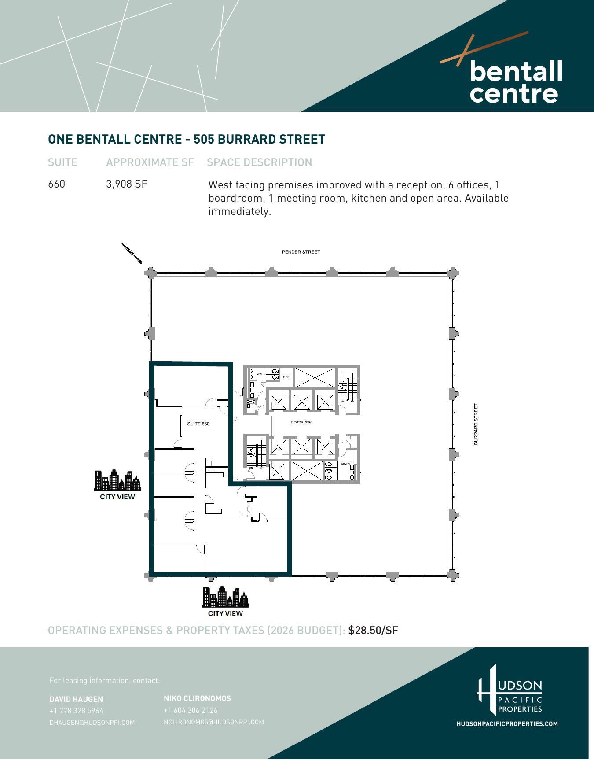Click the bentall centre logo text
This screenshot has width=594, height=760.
click(x=516, y=82)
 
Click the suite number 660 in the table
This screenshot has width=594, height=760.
click(x=56, y=184)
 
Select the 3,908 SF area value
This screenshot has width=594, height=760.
click(x=126, y=184)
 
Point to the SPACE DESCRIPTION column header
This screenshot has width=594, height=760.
click(x=259, y=162)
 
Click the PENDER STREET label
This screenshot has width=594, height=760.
click(x=301, y=252)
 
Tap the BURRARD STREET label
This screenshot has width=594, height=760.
click(x=476, y=424)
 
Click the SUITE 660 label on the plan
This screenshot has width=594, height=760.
click(x=198, y=424)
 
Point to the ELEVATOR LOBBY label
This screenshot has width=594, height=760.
click(x=301, y=422)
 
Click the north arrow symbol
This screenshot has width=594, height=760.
click(x=132, y=253)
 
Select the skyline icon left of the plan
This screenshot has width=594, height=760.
click(x=117, y=480)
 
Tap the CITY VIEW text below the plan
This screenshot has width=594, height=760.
click(x=225, y=613)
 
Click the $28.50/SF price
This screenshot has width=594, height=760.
click(x=373, y=630)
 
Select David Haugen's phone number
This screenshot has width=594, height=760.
click(x=76, y=711)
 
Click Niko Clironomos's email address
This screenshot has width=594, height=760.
click(x=213, y=722)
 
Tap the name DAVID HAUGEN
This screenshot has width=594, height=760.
click(x=76, y=699)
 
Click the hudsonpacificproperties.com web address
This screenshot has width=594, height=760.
click(x=507, y=724)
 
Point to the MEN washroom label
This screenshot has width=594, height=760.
click(x=259, y=374)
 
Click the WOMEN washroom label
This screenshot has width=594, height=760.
click(x=345, y=464)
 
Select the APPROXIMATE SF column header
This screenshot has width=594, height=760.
click(x=150, y=162)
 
